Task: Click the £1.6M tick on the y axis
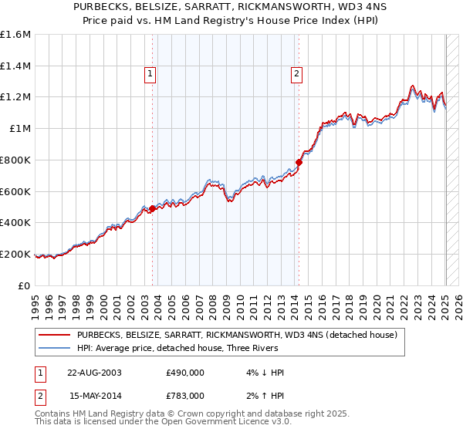[x=15, y=35]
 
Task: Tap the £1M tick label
[x=20, y=129]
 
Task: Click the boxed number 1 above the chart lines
[x=150, y=74]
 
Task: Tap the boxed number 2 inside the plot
[x=296, y=74]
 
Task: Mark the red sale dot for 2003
[x=153, y=208]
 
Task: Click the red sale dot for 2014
[x=299, y=162]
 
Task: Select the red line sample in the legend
[x=54, y=335]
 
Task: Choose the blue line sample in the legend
[x=54, y=348]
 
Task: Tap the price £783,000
[x=185, y=396]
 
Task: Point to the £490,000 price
[x=185, y=373]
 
